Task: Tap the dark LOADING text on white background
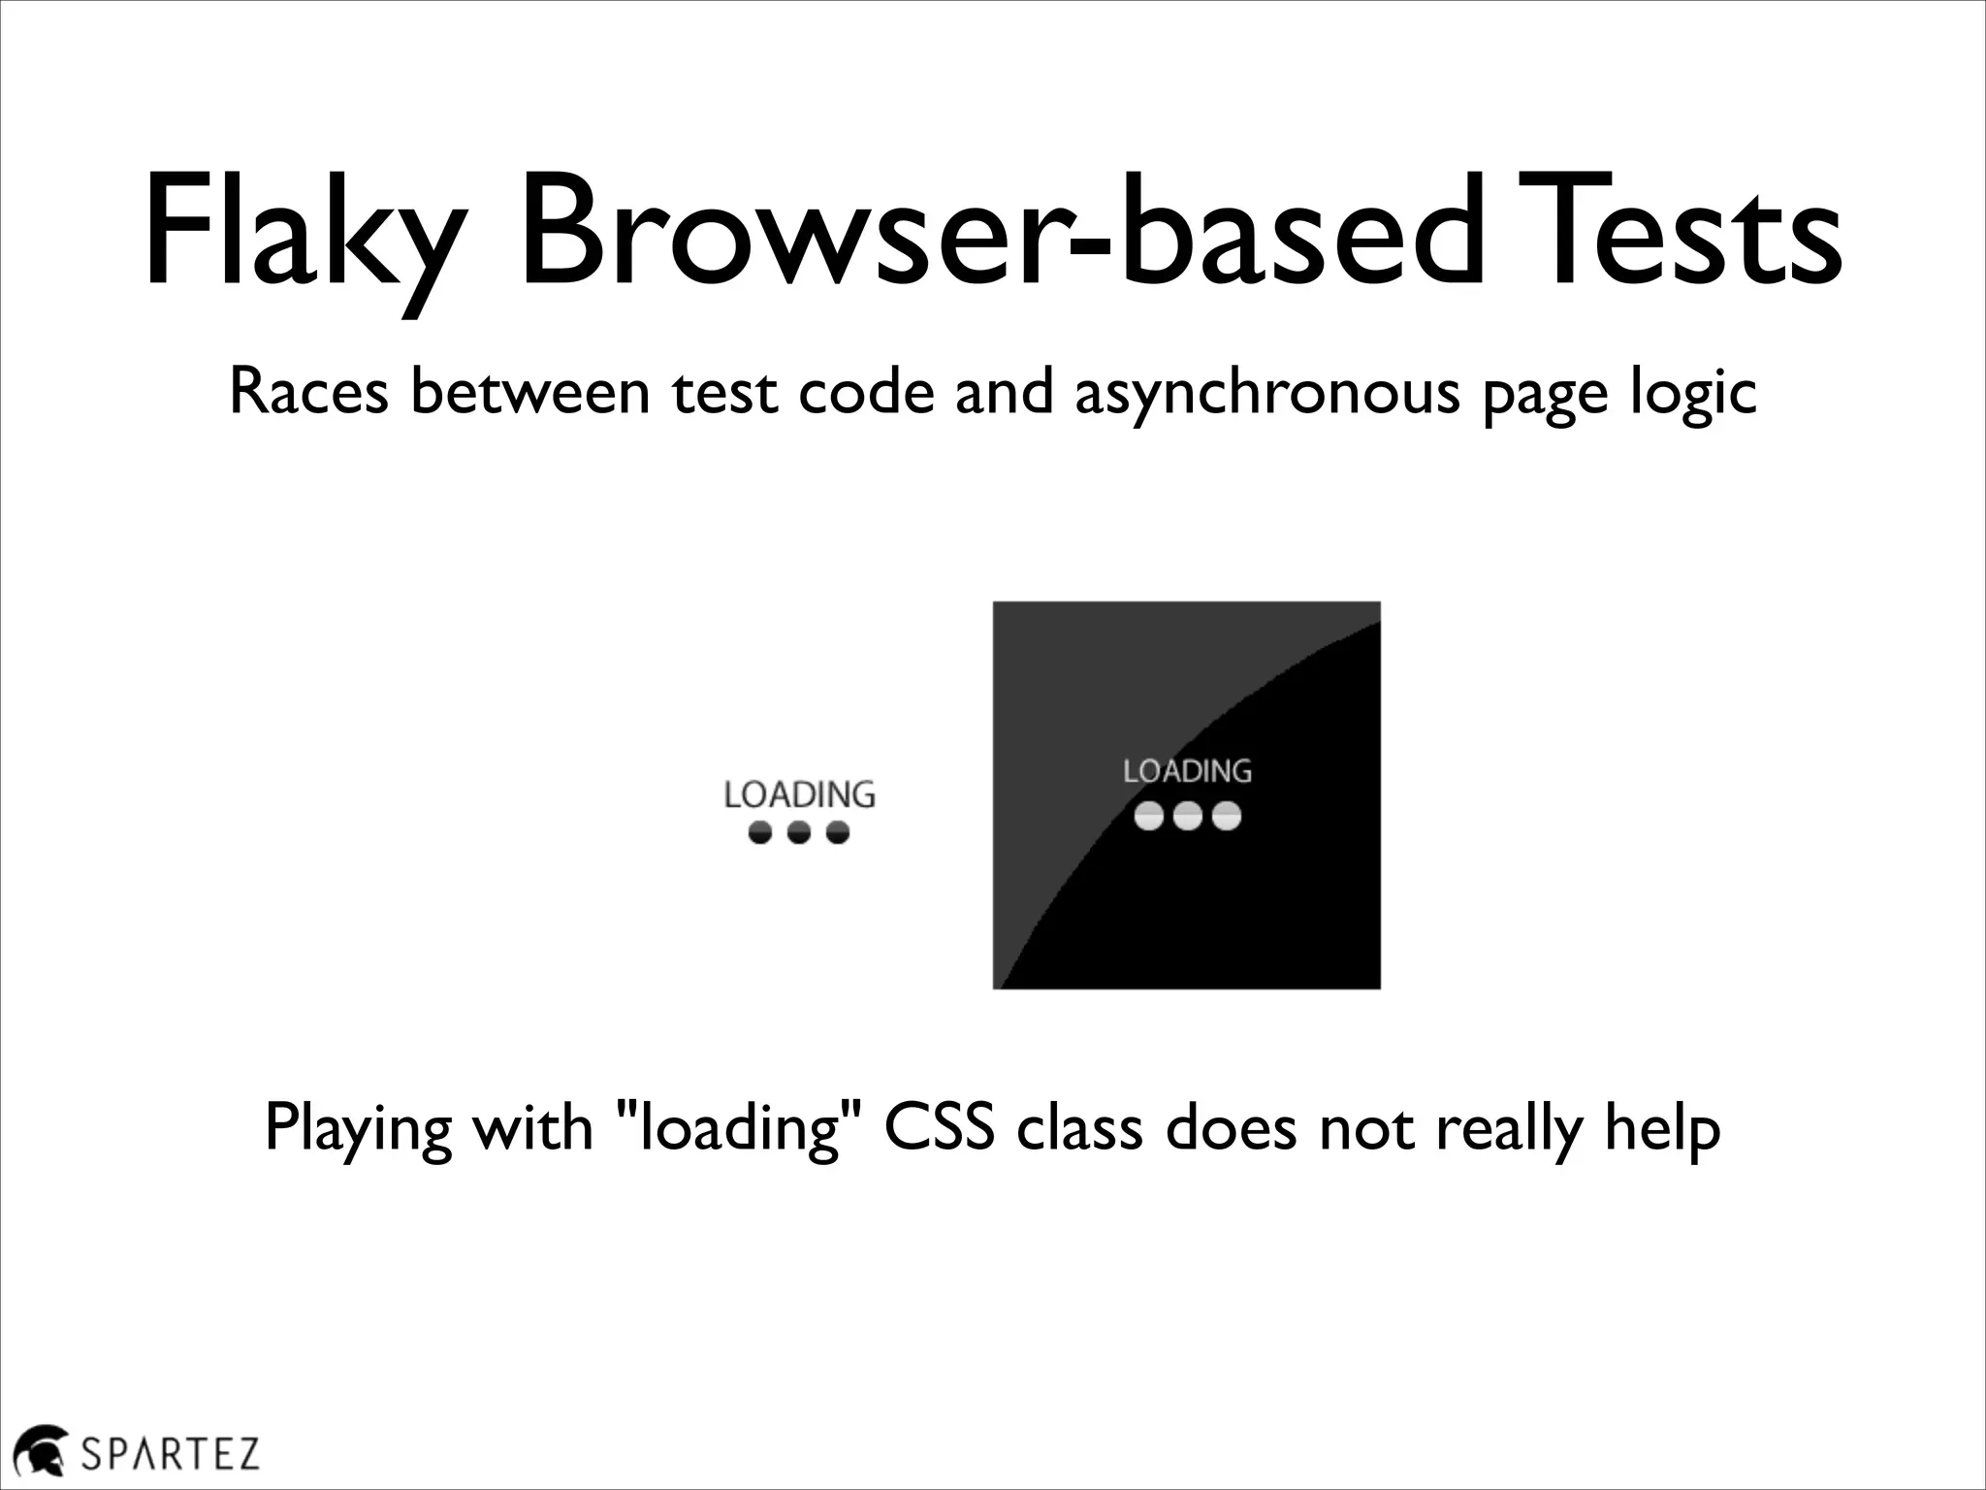799,795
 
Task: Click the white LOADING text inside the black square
1187,771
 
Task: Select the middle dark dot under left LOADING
799,832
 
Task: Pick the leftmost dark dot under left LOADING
761,832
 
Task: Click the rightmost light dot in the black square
1226,817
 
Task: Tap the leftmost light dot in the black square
1149,817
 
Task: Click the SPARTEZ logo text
170,1454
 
